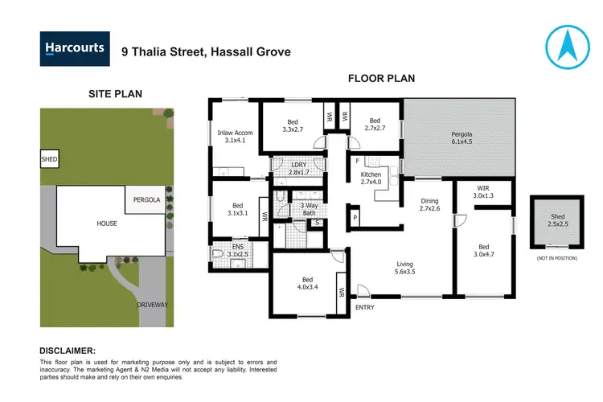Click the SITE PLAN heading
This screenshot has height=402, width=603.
tap(115, 94)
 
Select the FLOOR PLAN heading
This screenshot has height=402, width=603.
tap(381, 79)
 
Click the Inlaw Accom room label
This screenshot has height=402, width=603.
tap(235, 137)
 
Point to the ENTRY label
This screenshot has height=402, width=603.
tap(365, 307)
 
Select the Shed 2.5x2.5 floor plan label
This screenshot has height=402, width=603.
tap(556, 220)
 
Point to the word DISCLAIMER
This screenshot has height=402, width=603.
tap(68, 351)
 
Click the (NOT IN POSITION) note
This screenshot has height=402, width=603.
tap(556, 257)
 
